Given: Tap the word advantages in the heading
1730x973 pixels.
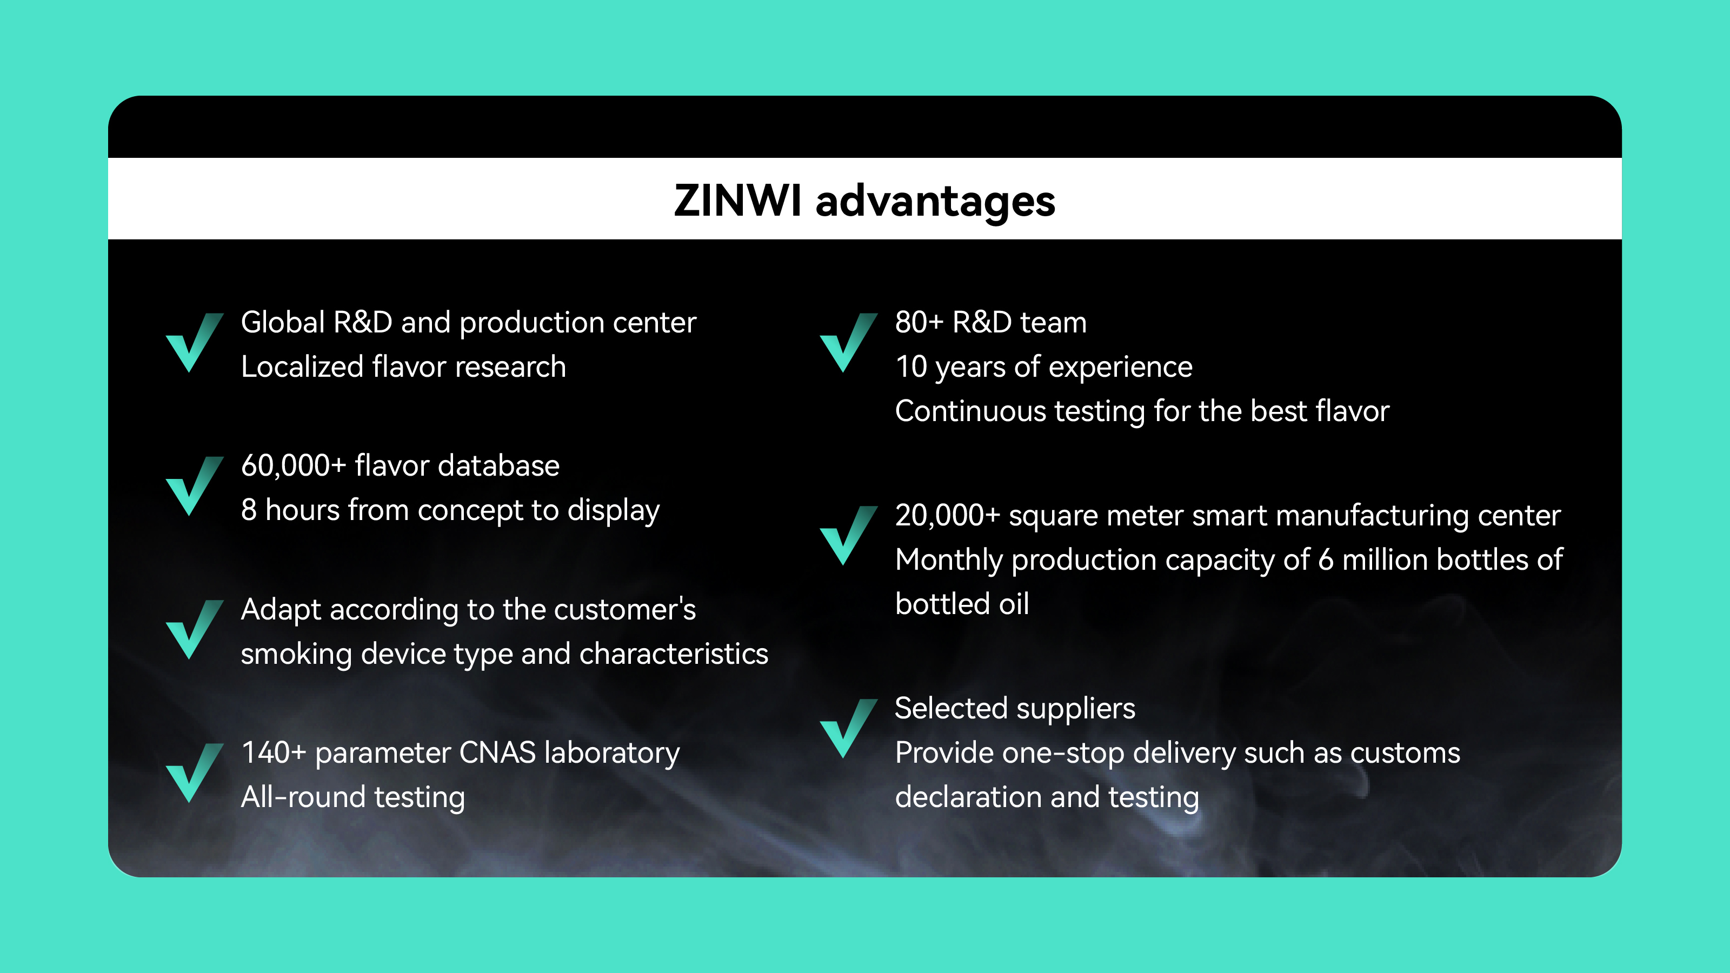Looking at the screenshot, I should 935,202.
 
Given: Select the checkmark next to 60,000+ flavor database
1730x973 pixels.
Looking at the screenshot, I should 194,485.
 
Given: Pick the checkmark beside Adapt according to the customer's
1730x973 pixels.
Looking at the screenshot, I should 194,629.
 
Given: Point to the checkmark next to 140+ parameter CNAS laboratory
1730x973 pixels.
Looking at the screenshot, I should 194,772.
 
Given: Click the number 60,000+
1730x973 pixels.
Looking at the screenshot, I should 294,466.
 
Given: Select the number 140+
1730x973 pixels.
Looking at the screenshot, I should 274,753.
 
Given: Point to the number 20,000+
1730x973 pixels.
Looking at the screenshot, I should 948,516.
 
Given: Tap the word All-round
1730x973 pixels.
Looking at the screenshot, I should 303,798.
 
